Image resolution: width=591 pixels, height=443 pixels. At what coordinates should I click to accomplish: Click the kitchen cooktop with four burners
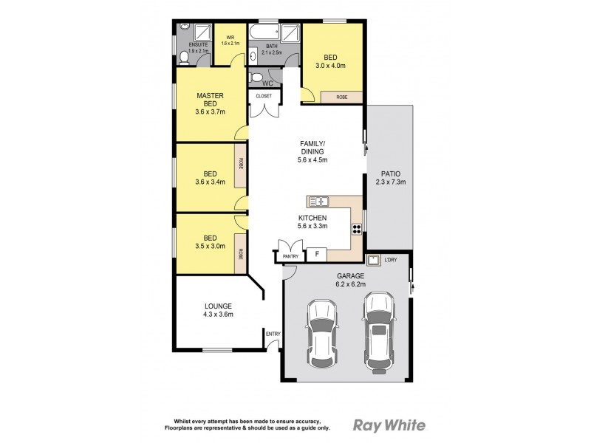(x=357, y=228)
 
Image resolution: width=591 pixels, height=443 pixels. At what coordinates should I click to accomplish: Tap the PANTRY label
(x=290, y=256)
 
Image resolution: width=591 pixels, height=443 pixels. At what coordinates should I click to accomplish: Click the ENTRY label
(x=273, y=334)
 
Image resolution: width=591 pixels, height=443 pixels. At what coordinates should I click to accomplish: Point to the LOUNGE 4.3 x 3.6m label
(x=218, y=310)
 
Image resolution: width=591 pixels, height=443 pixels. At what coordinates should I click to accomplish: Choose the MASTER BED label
(x=210, y=104)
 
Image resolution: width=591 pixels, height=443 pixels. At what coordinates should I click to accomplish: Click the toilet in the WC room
(x=256, y=77)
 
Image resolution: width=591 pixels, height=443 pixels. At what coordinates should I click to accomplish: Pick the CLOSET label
(x=264, y=97)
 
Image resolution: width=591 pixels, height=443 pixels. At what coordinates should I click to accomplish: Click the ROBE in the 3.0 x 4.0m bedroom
(x=342, y=97)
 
